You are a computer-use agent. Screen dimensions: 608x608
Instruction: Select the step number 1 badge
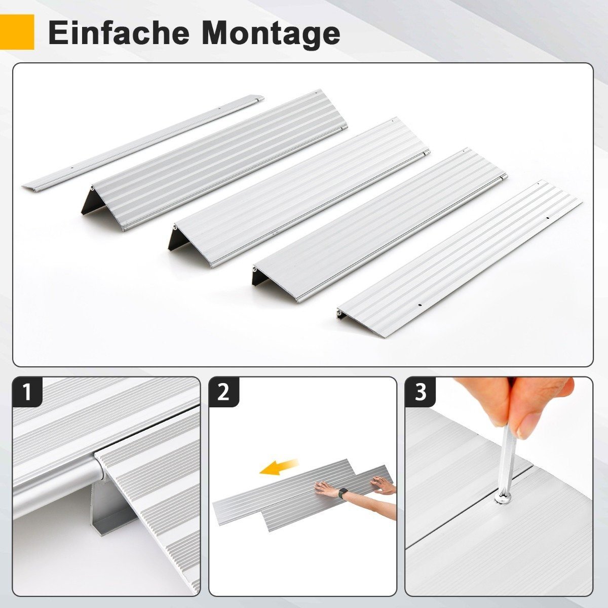tap(27, 392)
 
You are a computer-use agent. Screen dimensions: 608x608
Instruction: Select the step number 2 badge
tap(224, 392)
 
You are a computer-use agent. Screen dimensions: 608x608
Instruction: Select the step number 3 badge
tap(421, 392)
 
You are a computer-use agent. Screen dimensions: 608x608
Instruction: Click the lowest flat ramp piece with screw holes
tap(460, 259)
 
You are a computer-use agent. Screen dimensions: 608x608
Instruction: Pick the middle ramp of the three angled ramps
tap(299, 193)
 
